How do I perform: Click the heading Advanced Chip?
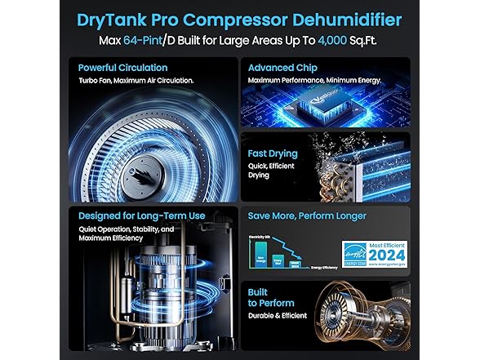point(282,68)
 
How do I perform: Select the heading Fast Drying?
point(273,153)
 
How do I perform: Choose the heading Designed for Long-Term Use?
point(135,216)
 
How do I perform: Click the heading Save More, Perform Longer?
point(307,216)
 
